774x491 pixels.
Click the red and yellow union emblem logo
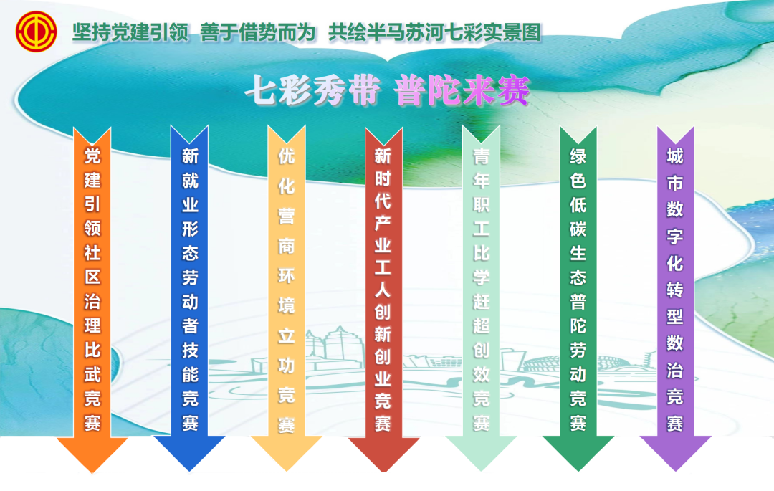coord(36,32)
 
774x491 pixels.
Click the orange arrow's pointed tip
coord(92,472)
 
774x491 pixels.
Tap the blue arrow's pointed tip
coord(189,471)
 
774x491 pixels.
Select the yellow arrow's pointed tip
coord(286,471)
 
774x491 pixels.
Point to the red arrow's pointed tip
coord(383,472)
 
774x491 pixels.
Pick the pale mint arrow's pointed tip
coord(481,471)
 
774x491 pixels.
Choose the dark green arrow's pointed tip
coord(578,471)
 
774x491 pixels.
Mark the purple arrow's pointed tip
coord(675,471)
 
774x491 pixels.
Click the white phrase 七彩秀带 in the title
coord(312,91)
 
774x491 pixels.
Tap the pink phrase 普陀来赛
coord(462,91)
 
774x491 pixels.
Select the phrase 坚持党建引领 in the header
coord(131,32)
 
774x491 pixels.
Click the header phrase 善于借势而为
coord(258,32)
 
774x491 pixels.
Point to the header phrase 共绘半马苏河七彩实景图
coord(435,32)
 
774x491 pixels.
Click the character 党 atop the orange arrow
coord(92,156)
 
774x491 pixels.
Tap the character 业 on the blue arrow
coord(190,205)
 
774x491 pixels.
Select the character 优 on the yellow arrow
coord(286,156)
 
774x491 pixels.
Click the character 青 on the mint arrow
coord(482,156)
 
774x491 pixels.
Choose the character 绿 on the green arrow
coord(578,156)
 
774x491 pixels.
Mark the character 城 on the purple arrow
coord(675,156)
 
